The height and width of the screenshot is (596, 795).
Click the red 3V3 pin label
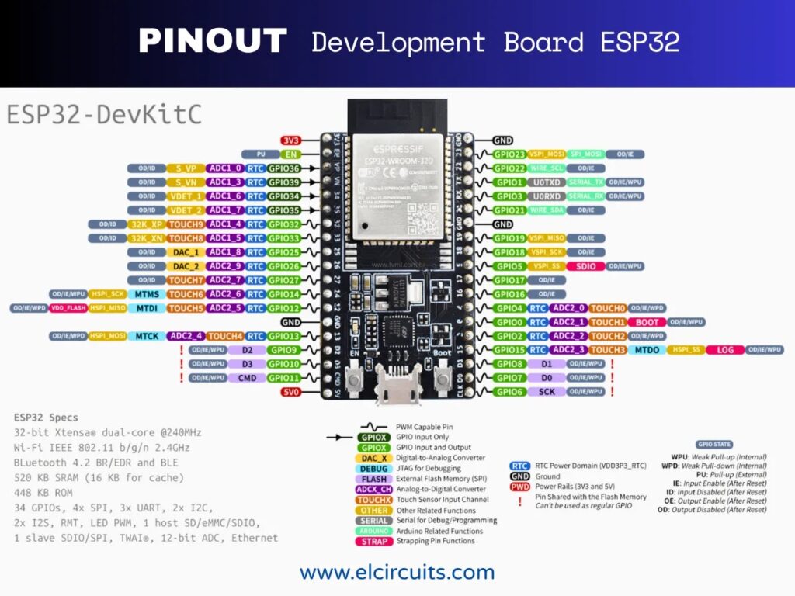point(290,140)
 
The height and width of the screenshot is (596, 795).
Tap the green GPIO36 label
point(284,168)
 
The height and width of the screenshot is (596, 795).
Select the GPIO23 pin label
point(510,154)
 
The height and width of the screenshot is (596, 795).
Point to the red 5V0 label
point(290,392)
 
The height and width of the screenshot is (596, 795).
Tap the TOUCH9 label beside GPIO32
point(186,224)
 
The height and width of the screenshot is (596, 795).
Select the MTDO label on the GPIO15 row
point(647,350)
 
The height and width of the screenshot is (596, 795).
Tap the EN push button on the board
point(355,380)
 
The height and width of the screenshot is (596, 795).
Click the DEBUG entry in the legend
point(374,468)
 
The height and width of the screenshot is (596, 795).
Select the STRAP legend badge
point(374,541)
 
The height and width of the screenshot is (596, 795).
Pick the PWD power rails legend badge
point(520,487)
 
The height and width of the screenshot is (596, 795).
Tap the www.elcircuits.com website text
point(397,573)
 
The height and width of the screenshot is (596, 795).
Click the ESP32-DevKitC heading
point(104,114)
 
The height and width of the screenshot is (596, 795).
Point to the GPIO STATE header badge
point(715,444)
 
